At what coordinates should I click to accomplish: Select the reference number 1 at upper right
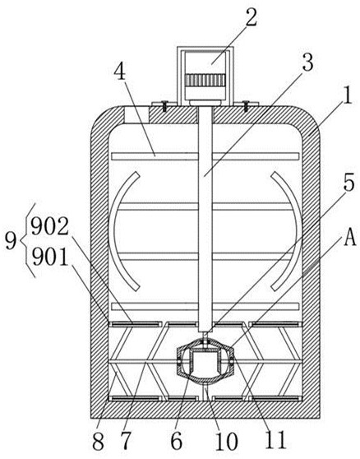[x=348, y=96]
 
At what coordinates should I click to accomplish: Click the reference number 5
[x=348, y=182]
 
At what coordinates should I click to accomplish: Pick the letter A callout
[x=350, y=237]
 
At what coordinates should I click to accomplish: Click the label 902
[x=49, y=226]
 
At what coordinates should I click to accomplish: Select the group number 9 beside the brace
[x=11, y=241]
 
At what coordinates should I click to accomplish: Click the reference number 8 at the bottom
[x=99, y=441]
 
